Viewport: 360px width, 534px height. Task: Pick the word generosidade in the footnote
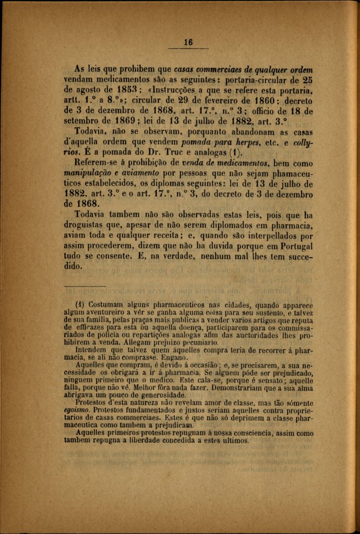click(157, 395)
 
